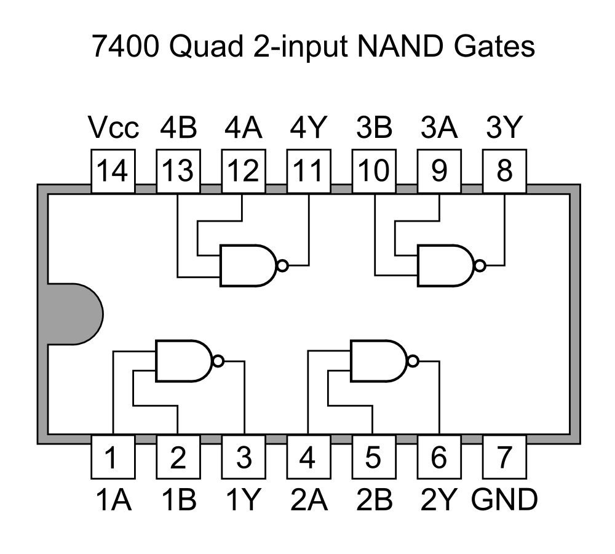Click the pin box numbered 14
pos(113,171)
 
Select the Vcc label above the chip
pos(114,128)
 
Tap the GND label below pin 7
pos(504,500)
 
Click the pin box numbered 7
pos(504,458)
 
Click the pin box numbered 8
pos(504,171)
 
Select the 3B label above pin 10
pos(374,128)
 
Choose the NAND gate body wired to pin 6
pos(377,360)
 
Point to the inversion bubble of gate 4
pos(282,265)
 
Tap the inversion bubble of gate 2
pos(413,361)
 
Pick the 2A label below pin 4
pos(309,500)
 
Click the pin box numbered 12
pos(244,171)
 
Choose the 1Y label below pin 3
pos(244,500)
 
